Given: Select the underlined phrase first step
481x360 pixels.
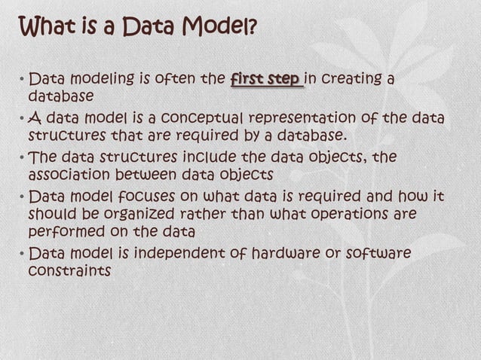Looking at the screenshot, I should [x=267, y=79].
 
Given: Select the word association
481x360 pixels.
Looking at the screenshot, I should [x=66, y=175].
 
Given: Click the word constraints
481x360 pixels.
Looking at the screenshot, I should [x=69, y=270].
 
